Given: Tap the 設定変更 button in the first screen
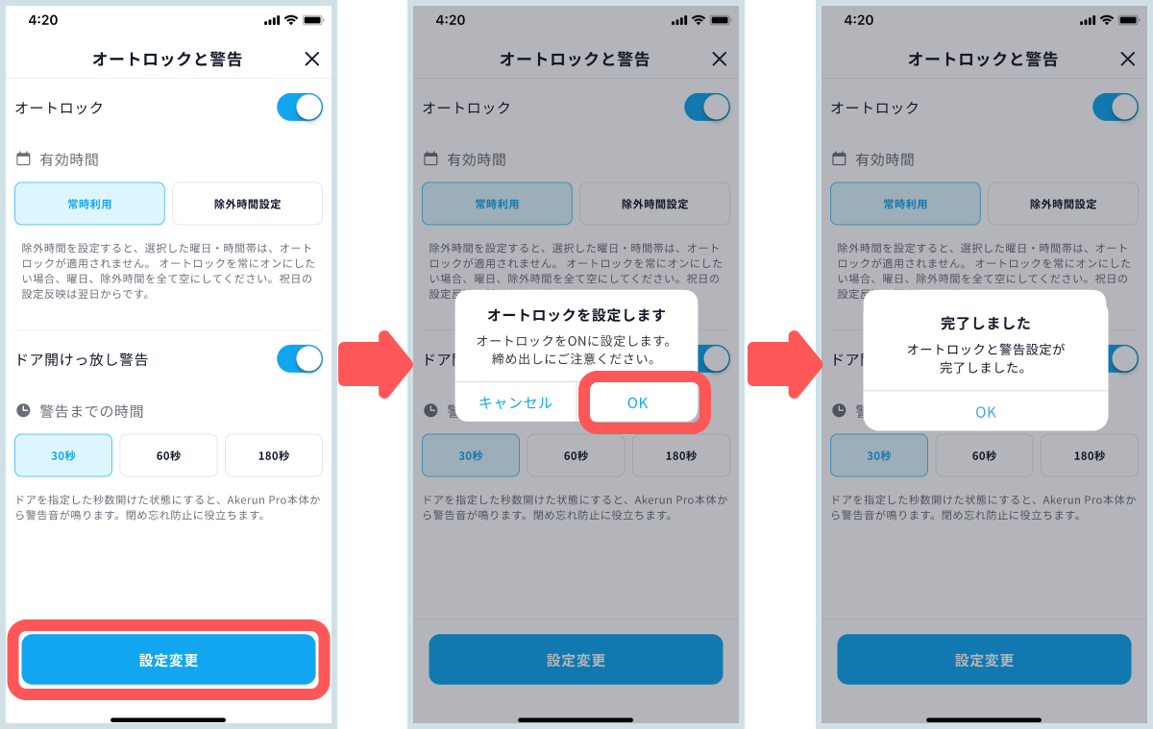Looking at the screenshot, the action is [x=168, y=659].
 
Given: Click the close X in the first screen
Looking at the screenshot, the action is [x=312, y=60].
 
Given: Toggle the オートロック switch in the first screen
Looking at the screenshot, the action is [x=300, y=107].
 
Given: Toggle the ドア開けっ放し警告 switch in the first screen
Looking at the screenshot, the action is [x=300, y=358].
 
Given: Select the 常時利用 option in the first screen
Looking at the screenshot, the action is [x=89, y=204].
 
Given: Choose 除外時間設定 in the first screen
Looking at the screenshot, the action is [x=247, y=204].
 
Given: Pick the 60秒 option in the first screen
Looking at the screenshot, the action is [x=168, y=455].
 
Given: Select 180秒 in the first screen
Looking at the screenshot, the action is [x=274, y=455].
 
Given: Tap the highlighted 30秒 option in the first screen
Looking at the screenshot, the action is [x=63, y=455].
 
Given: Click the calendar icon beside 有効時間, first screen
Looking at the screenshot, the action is [x=23, y=158].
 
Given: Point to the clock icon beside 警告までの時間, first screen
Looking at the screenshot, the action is [x=23, y=410].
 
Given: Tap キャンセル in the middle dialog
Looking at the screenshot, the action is [x=515, y=402].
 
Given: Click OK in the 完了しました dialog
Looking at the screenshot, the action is [x=986, y=412].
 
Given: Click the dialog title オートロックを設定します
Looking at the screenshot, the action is [x=576, y=315].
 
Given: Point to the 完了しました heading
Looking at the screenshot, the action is [x=985, y=323].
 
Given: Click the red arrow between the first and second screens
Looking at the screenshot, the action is [x=376, y=364].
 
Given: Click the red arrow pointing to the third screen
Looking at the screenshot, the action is [x=784, y=364].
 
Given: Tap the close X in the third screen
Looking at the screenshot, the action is [x=1127, y=60].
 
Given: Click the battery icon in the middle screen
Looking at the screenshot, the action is [x=721, y=20].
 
